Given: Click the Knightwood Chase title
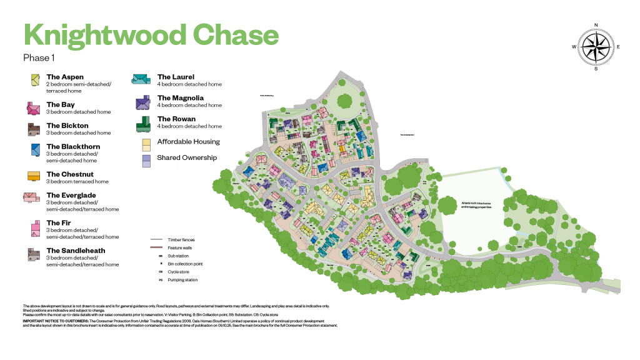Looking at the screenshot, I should point(150,34).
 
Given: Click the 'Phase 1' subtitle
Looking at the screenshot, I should point(39,57).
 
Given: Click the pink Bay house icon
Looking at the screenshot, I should point(33,107).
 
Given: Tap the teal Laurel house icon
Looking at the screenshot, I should point(141,79).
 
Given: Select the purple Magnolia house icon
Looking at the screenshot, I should point(144,102).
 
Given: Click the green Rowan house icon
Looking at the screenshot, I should point(144,123).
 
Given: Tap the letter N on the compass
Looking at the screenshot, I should point(596,26).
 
